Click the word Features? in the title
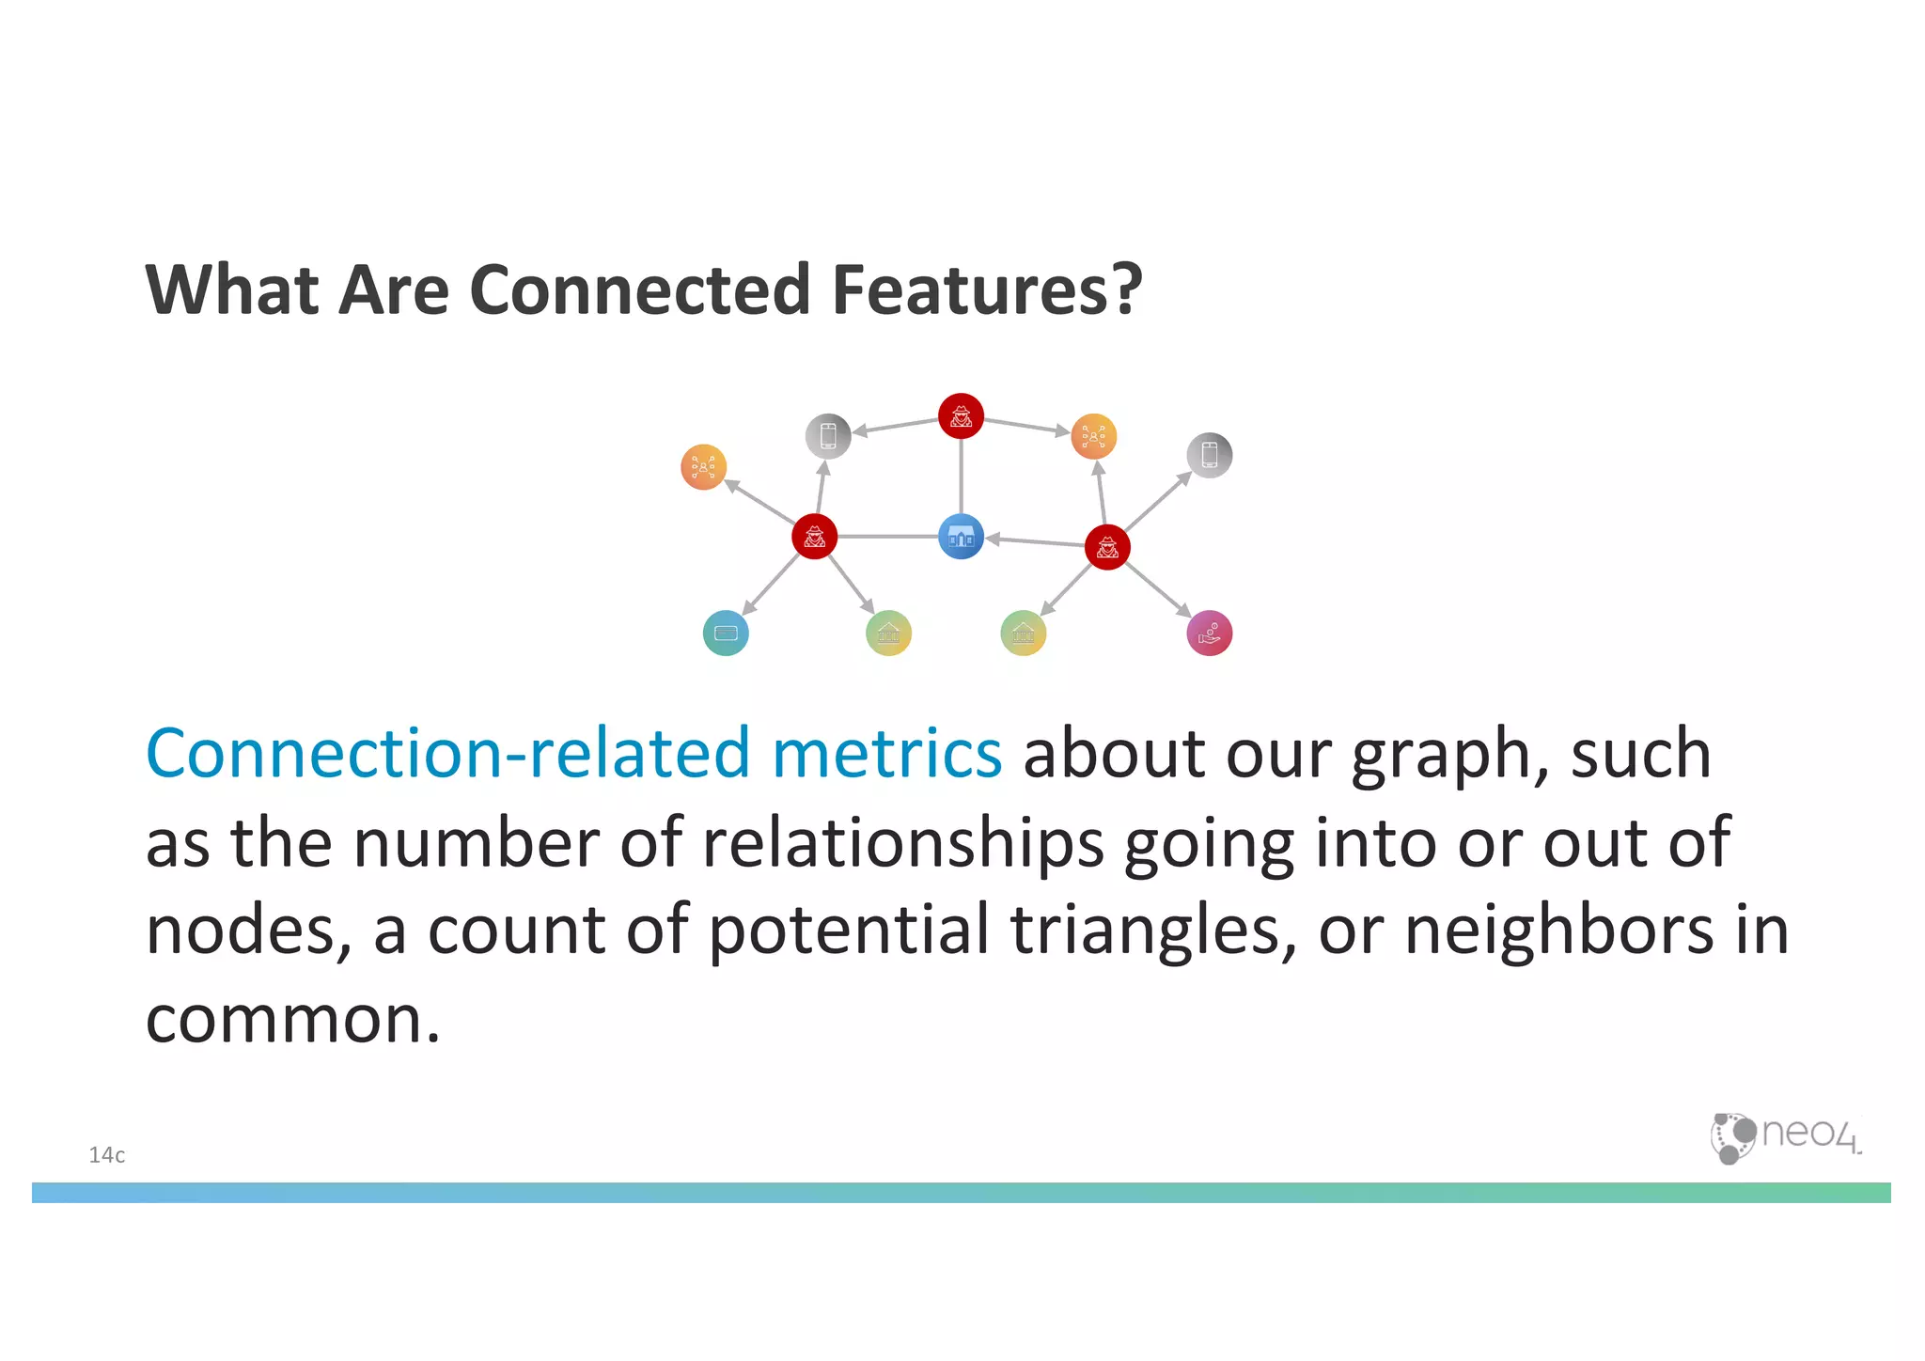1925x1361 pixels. pyautogui.click(x=987, y=289)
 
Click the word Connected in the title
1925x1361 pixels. pyautogui.click(x=639, y=289)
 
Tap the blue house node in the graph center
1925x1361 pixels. pyautogui.click(x=961, y=537)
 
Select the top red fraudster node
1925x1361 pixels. pyautogui.click(x=961, y=415)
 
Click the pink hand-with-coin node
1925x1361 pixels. pyautogui.click(x=1209, y=633)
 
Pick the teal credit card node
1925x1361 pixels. pyautogui.click(x=726, y=633)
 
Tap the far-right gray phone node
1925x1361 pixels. pyautogui.click(x=1209, y=455)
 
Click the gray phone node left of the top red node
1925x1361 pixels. pyautogui.click(x=828, y=436)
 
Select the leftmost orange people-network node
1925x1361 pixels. pyautogui.click(x=703, y=466)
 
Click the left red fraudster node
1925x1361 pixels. pyautogui.click(x=814, y=537)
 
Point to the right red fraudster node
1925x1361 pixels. pyautogui.click(x=1107, y=547)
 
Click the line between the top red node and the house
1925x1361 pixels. pyautogui.click(x=961, y=476)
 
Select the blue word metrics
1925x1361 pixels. pyautogui.click(x=886, y=754)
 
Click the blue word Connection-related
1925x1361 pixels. pyautogui.click(x=447, y=754)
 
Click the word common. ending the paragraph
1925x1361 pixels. pyautogui.click(x=292, y=1019)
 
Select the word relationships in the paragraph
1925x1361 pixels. pyautogui.click(x=902, y=843)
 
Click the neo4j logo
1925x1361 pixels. pyautogui.click(x=1784, y=1136)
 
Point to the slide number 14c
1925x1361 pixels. pyautogui.click(x=106, y=1155)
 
